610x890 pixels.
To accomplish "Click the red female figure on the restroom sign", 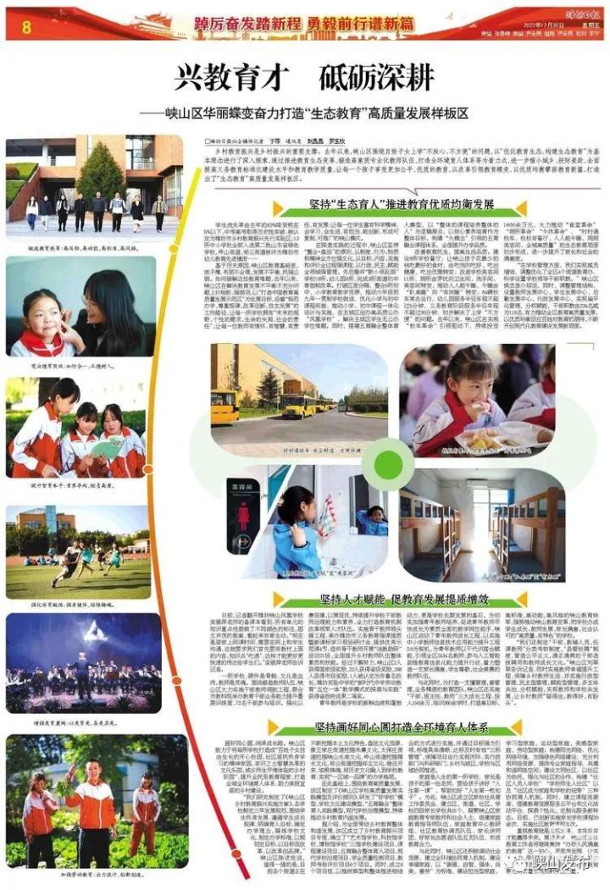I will click(x=243, y=513).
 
